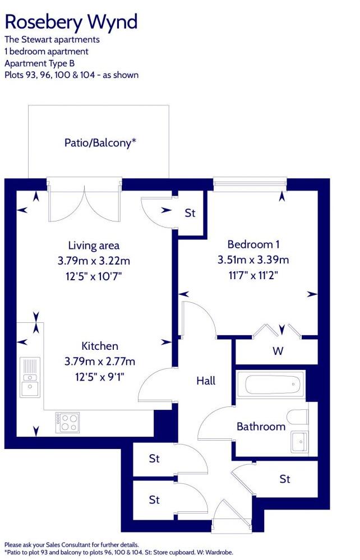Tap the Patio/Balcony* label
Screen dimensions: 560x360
[x=100, y=142]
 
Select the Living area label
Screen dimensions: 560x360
[x=94, y=246]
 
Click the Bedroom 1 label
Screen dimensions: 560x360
[x=253, y=244]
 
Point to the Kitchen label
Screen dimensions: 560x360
[x=100, y=346]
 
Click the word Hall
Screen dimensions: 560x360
[x=206, y=381]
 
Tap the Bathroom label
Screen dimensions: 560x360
[x=261, y=427]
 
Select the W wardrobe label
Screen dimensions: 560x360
[x=278, y=351]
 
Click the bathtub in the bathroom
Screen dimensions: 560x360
[x=270, y=385]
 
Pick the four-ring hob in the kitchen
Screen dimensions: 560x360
[x=67, y=422]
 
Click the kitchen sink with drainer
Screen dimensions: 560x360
[x=29, y=377]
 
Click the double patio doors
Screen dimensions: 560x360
[x=84, y=202]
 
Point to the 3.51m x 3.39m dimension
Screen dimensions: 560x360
[x=253, y=260]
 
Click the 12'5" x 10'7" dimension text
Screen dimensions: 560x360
[x=94, y=276]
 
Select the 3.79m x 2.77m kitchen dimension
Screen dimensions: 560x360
[x=100, y=362]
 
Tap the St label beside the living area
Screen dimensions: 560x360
[x=190, y=213]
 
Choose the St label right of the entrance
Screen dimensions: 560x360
[x=285, y=479]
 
